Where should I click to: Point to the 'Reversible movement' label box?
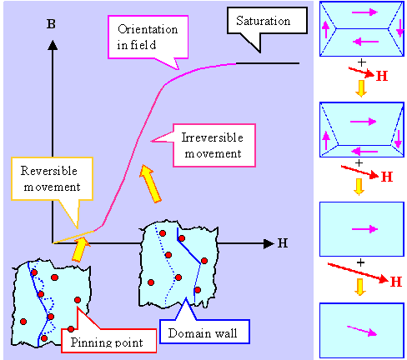(x=51, y=177)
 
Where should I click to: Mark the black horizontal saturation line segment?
(x=267, y=63)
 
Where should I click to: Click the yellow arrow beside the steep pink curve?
(x=150, y=183)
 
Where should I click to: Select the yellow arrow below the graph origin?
(x=79, y=247)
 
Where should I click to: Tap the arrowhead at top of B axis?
(x=52, y=43)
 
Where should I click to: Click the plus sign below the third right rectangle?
(x=360, y=262)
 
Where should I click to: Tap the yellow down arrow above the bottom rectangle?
(x=360, y=287)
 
